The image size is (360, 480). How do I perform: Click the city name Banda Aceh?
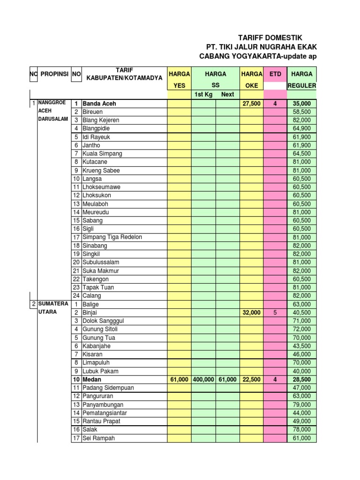click(x=99, y=103)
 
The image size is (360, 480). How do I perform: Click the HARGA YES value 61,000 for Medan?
click(x=179, y=379)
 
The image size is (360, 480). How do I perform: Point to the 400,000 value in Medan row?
click(x=203, y=379)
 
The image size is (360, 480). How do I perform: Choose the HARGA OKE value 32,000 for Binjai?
click(x=251, y=312)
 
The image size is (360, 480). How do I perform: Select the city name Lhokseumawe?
click(x=101, y=187)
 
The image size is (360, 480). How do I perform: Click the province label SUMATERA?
click(x=53, y=304)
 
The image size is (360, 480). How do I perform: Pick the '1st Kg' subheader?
click(x=203, y=95)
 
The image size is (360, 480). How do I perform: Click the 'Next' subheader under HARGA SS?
click(x=228, y=95)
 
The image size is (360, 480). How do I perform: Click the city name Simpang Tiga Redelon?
click(x=112, y=237)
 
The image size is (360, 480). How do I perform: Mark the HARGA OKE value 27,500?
click(x=251, y=103)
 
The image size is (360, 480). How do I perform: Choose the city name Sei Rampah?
click(x=98, y=438)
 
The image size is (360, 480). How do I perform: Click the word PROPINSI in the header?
click(x=54, y=74)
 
